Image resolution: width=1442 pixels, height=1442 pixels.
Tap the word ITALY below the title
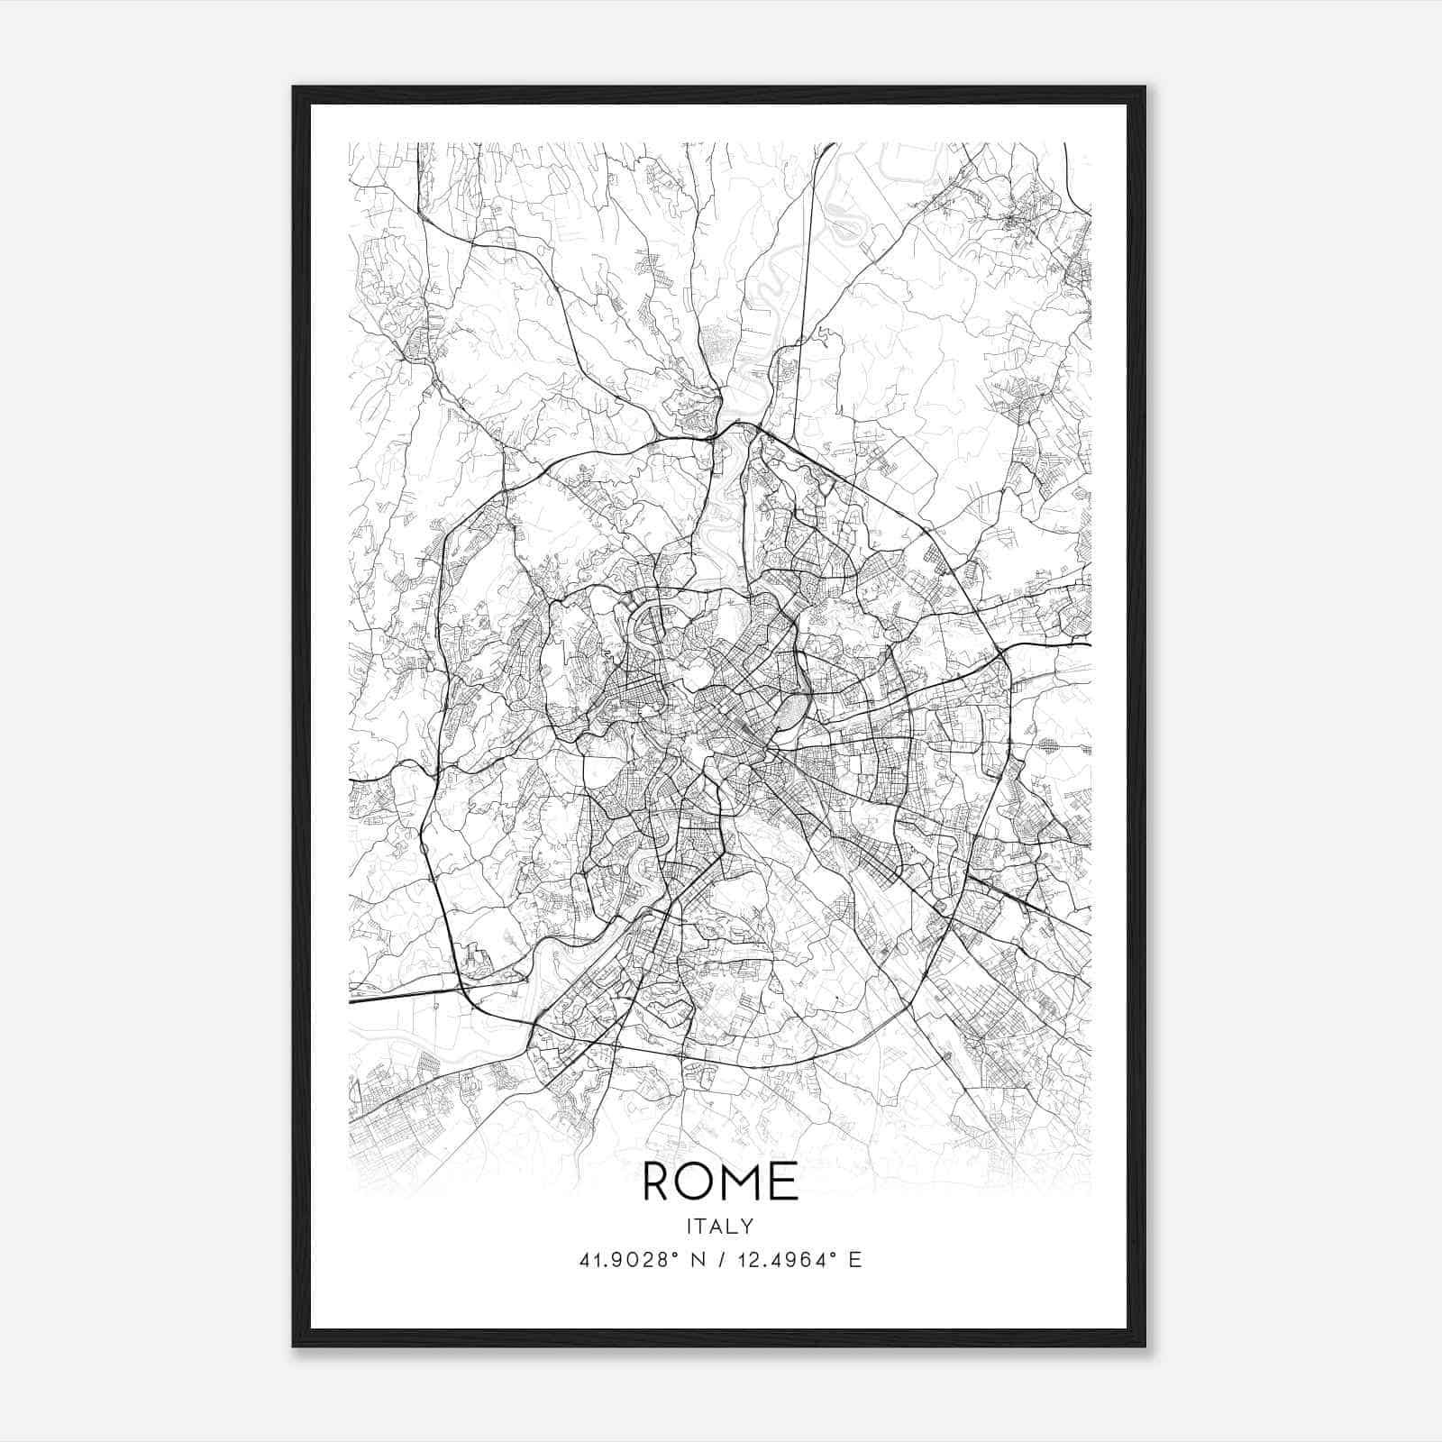pyautogui.click(x=720, y=1226)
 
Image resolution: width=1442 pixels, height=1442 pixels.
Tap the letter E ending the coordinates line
pyautogui.click(x=855, y=1260)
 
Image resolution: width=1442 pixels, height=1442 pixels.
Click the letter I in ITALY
pyautogui.click(x=689, y=1226)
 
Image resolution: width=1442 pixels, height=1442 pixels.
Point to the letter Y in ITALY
pyautogui.click(x=749, y=1226)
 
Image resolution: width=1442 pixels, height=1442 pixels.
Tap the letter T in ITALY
pyautogui.click(x=702, y=1226)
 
